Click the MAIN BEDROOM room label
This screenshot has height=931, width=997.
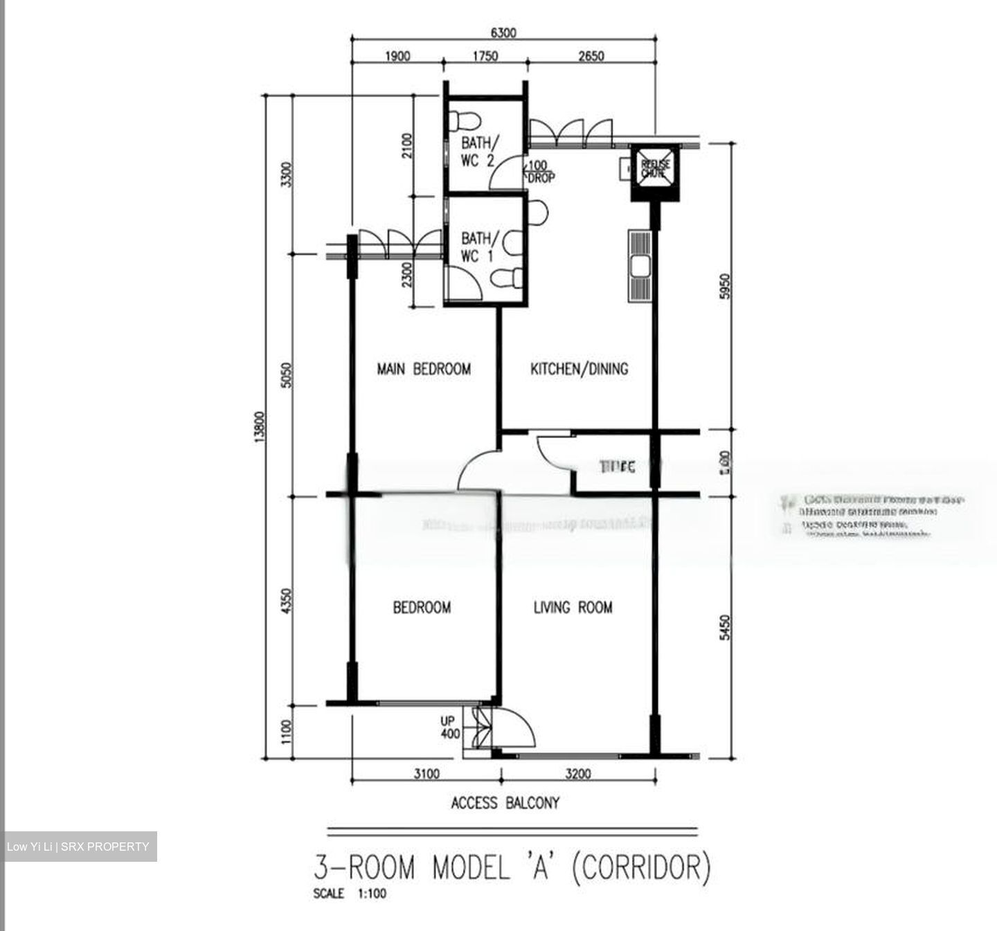(x=423, y=368)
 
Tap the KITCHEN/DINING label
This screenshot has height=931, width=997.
(x=579, y=368)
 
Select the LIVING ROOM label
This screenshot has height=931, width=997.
(x=573, y=607)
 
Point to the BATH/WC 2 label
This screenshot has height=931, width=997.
(x=478, y=152)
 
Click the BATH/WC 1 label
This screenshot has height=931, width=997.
(x=478, y=247)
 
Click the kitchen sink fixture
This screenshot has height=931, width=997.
(x=640, y=266)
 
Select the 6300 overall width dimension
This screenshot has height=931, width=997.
(x=503, y=33)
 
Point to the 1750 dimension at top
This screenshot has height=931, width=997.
(x=485, y=56)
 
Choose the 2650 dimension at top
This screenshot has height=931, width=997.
(x=591, y=56)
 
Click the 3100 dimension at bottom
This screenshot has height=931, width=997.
(x=426, y=774)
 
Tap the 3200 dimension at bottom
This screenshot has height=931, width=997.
(x=578, y=774)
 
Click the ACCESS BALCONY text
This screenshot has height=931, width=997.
(x=505, y=803)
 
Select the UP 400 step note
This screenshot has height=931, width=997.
(x=450, y=727)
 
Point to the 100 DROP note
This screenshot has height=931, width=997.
(x=540, y=172)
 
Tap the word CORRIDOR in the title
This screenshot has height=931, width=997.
(x=640, y=867)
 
